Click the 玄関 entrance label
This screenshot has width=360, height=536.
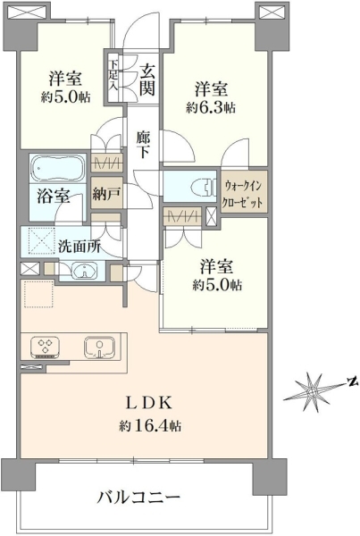click(147, 80)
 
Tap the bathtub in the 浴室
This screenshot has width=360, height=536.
click(58, 168)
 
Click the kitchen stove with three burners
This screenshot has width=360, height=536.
click(46, 348)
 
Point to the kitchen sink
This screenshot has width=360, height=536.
click(99, 348)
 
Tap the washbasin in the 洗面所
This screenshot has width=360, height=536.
click(83, 271)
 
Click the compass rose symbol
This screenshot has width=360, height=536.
click(312, 391)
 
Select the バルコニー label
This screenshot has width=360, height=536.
click(138, 497)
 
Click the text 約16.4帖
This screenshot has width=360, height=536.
click(150, 426)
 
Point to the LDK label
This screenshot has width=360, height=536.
click(149, 404)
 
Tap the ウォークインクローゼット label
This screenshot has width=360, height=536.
click(242, 194)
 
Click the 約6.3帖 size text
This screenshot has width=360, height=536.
click(211, 107)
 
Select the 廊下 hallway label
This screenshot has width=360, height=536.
click(142, 145)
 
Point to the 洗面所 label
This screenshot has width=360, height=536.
click(80, 247)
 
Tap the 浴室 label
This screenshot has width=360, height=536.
click(54, 196)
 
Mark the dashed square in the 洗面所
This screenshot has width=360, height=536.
click(41, 240)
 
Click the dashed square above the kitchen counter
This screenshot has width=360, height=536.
click(38, 294)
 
